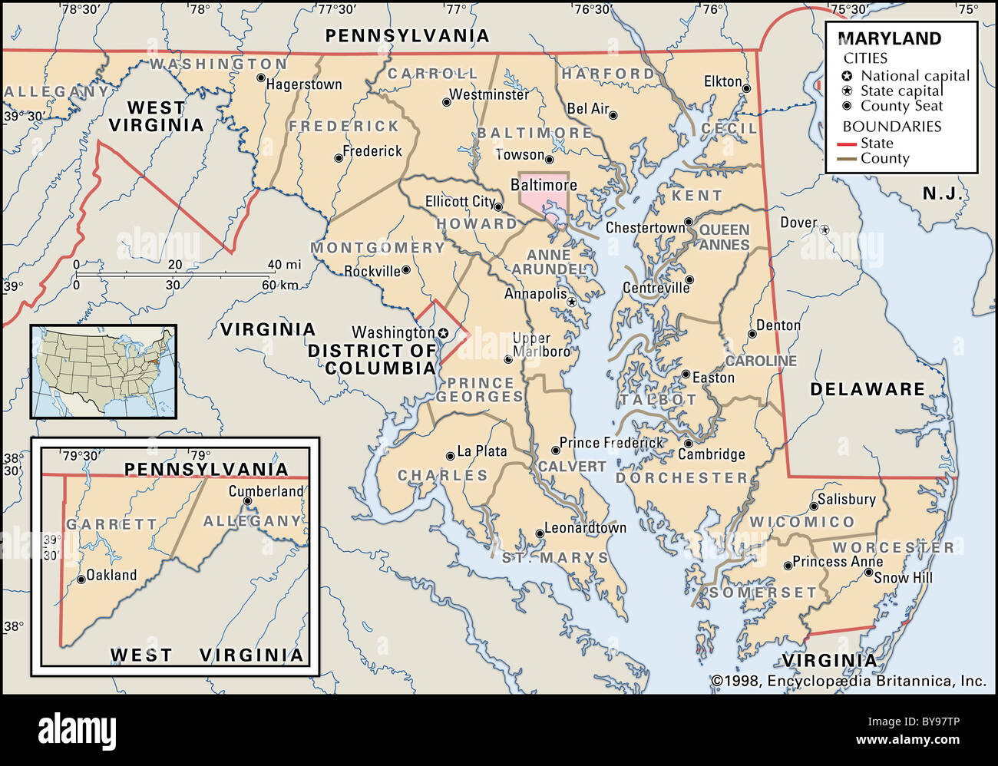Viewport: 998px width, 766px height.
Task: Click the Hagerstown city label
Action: click(x=304, y=84)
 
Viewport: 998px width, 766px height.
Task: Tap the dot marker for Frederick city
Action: click(x=339, y=158)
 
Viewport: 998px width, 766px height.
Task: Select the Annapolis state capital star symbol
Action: click(x=571, y=302)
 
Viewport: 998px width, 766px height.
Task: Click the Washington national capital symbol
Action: click(x=443, y=333)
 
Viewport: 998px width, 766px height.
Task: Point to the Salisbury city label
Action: click(x=846, y=500)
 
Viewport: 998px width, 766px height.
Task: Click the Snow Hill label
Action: click(x=903, y=578)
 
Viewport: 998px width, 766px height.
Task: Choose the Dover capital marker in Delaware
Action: click(x=825, y=229)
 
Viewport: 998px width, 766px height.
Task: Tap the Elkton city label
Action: click(x=722, y=81)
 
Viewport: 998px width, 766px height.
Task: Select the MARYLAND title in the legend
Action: click(x=889, y=39)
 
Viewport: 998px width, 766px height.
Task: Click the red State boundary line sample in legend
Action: click(x=846, y=144)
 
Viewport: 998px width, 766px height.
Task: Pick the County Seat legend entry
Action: click(x=901, y=106)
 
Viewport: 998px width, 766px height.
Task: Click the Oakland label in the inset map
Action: click(x=111, y=575)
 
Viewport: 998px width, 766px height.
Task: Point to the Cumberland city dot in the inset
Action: click(x=247, y=501)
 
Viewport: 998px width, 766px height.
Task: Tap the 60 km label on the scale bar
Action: click(x=279, y=285)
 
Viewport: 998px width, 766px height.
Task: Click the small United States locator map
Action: click(x=104, y=371)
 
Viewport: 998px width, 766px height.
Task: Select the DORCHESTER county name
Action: click(x=682, y=477)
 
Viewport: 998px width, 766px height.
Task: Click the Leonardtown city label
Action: click(x=585, y=528)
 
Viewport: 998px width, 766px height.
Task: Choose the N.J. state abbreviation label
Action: click(x=942, y=193)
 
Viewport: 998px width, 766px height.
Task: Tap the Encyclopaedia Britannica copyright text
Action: click(x=848, y=681)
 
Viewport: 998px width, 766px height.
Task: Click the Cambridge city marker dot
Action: click(x=689, y=444)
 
